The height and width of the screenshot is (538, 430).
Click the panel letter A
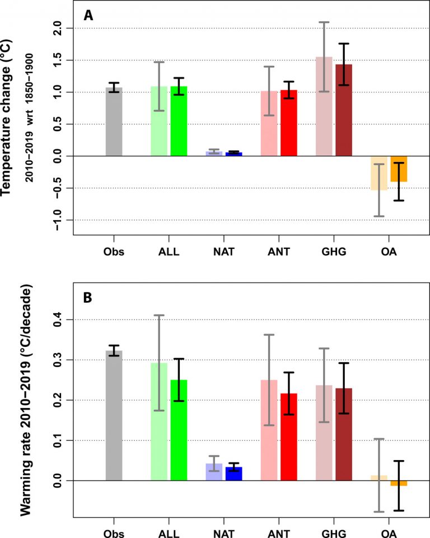tap(88, 16)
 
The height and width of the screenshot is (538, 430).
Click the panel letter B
tap(88, 298)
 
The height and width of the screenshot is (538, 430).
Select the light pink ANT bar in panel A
tap(269, 123)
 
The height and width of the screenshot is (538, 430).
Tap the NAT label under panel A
tap(223, 251)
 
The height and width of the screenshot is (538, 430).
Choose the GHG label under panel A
tap(334, 251)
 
